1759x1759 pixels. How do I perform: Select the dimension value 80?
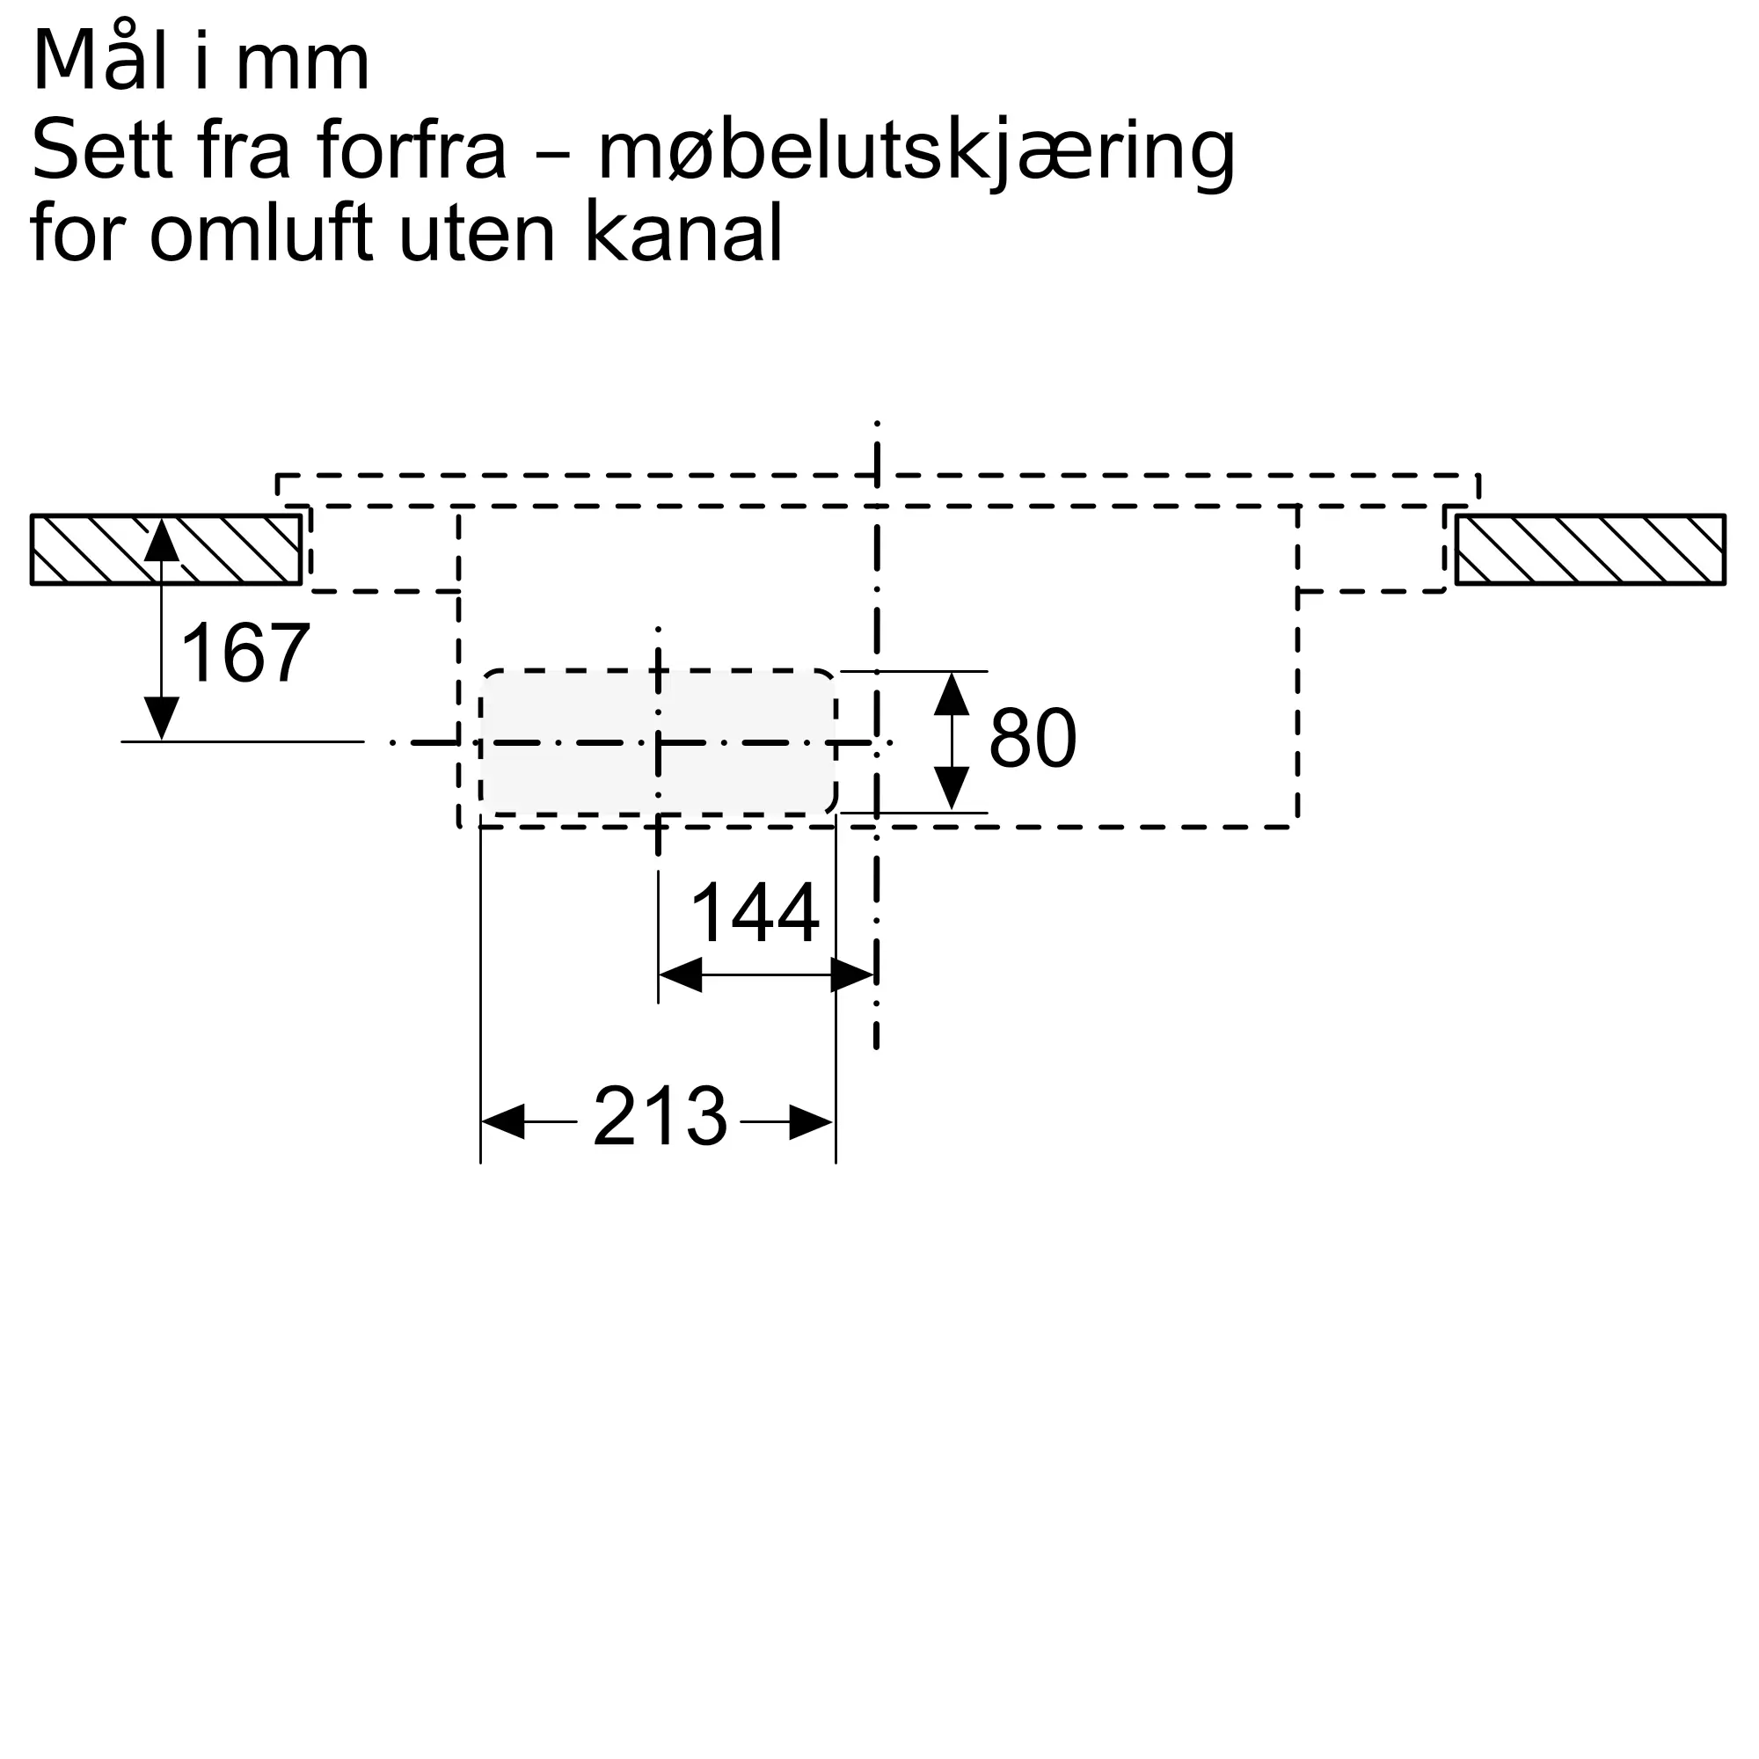point(1032,738)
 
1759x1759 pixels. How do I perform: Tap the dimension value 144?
point(755,913)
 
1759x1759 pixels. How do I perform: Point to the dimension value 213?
point(661,1116)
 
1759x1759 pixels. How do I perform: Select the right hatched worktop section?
point(1588,549)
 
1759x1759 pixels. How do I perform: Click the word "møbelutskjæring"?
point(915,151)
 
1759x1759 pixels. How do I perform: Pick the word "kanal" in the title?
point(682,234)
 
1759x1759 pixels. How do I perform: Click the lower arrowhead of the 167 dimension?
point(161,719)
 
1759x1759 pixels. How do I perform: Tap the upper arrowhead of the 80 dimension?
point(952,694)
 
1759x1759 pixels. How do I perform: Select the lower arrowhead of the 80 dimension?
point(952,788)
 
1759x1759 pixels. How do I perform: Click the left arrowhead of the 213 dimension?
point(503,1121)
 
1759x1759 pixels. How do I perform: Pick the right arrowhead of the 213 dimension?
point(811,1121)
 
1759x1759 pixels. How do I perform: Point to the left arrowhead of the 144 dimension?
point(680,975)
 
